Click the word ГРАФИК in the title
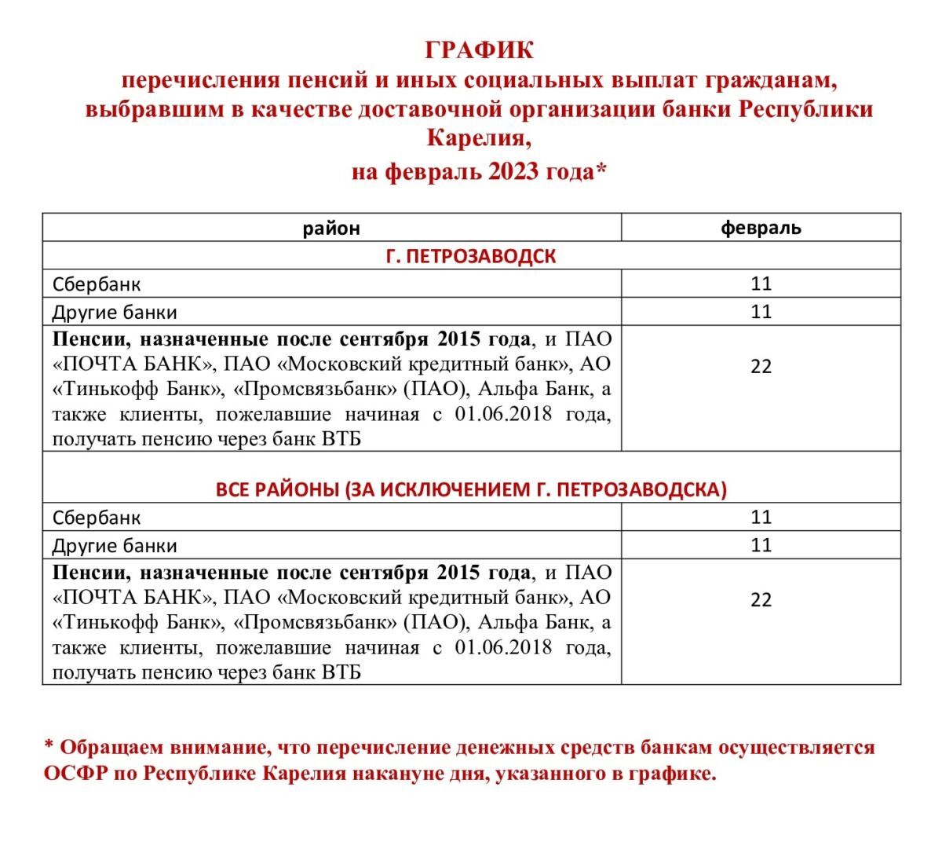pos(479,50)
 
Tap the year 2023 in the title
pos(514,171)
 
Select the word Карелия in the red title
pos(473,139)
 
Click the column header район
pos(331,229)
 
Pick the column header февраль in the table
pos(761,229)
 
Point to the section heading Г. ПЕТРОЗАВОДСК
pos(471,256)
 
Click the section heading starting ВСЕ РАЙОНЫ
pos(471,489)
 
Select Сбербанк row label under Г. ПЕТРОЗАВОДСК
pos(97,284)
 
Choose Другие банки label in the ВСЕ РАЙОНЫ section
pos(115,546)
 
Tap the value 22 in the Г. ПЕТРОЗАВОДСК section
pos(761,367)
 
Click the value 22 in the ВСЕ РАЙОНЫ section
pos(761,600)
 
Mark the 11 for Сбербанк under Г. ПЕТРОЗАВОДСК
pos(761,284)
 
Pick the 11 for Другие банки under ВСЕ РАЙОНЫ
pos(761,545)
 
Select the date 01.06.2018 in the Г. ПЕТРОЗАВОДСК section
pos(503,414)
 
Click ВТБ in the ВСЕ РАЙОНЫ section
pos(341,672)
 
